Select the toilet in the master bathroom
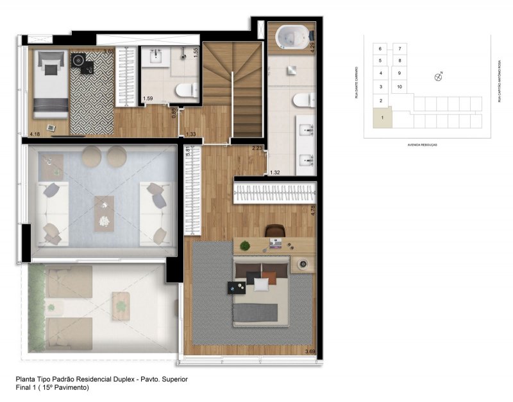coord(304,100)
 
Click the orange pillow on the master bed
coord(270,277)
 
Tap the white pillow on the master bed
coord(260,283)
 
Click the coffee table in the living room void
coord(103,213)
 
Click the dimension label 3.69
coord(309,351)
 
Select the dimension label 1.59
coord(147,98)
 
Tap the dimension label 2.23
coord(257,148)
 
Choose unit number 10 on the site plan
coord(399,87)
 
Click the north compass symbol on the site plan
coord(439,77)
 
